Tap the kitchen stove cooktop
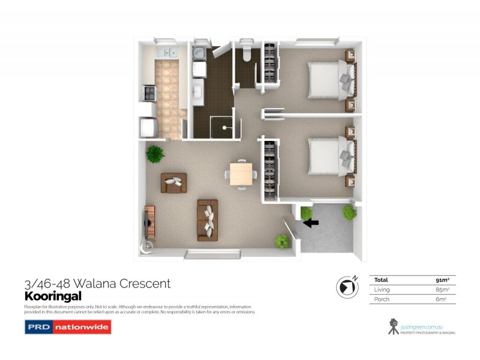149,93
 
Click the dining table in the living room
241,174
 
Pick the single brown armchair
173,182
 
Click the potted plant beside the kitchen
155,154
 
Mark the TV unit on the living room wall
149,221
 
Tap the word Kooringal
53,296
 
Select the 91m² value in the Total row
443,280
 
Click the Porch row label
382,299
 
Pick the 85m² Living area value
443,289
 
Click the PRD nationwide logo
67,328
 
